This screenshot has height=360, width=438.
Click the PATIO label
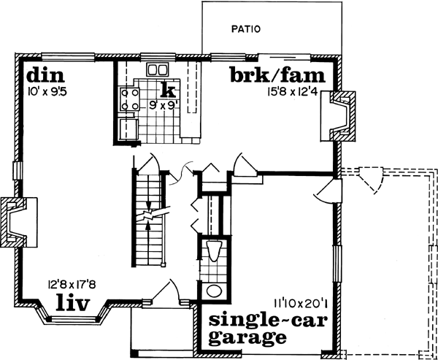[x=246, y=30]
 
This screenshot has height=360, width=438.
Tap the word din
[x=45, y=75]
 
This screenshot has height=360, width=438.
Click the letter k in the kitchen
[x=168, y=90]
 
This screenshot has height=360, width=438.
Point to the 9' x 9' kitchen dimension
[x=164, y=105]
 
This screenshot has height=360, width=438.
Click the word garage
[x=244, y=337]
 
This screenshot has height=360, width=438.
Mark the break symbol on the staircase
[x=149, y=215]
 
